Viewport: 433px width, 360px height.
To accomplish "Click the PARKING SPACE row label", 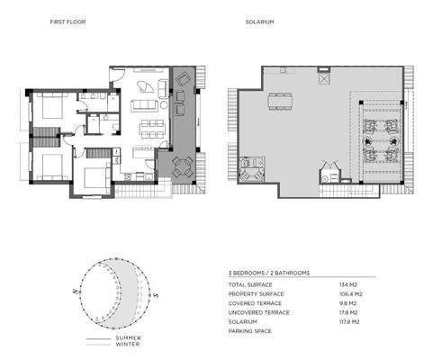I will [x=248, y=330].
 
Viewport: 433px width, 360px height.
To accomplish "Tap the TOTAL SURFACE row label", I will [x=248, y=285].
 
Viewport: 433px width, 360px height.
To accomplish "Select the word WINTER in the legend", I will [x=128, y=345].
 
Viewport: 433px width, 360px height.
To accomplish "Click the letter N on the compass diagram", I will [x=78, y=292].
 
